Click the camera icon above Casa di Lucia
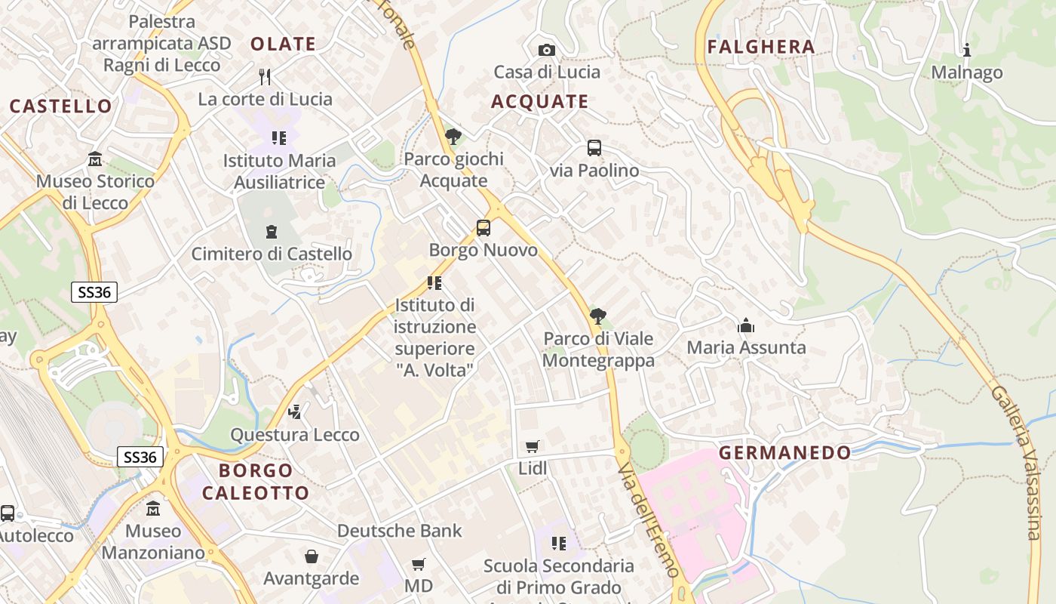tap(547, 50)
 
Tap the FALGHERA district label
tap(761, 47)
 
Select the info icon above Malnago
tap(967, 51)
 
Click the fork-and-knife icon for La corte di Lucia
tap(265, 76)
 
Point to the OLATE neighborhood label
tap(283, 44)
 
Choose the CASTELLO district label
tap(61, 106)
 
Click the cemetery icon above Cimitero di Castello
tap(272, 232)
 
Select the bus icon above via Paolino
tap(594, 148)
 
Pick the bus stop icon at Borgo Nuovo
tap(483, 227)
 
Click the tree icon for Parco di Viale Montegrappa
tap(598, 316)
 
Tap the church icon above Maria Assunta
tap(746, 325)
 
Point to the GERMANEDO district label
tap(784, 453)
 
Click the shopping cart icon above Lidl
tap(533, 446)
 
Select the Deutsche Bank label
tap(399, 531)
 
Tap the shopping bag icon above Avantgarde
tap(312, 556)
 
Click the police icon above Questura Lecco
tap(295, 411)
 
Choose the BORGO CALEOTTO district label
tap(256, 482)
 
